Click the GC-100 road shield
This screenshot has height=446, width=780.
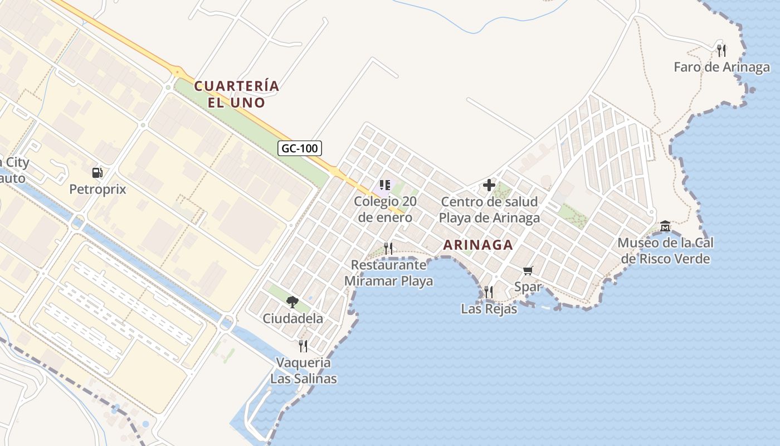tap(300, 148)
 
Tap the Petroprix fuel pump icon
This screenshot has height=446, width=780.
tap(97, 173)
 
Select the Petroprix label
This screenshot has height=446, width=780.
tap(97, 190)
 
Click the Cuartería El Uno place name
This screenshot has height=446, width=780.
tap(236, 94)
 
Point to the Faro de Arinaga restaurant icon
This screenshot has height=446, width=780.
tap(721, 51)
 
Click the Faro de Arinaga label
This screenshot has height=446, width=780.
tap(721, 67)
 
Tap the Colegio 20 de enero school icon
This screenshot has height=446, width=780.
tap(384, 185)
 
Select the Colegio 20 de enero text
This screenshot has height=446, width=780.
tap(385, 210)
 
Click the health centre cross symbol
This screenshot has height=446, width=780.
tap(489, 185)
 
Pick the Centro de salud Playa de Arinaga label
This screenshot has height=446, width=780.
tap(489, 210)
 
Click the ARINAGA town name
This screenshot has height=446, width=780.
tap(478, 245)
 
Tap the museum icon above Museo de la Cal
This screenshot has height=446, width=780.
tap(665, 226)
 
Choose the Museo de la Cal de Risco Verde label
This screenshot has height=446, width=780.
tap(665, 251)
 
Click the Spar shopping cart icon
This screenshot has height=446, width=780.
tap(528, 271)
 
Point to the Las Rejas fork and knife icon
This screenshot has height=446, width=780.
tap(489, 292)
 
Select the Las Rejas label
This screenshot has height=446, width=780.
tap(489, 309)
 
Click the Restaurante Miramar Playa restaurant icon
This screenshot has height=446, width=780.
tap(388, 248)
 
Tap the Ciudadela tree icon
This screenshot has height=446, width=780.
tap(292, 302)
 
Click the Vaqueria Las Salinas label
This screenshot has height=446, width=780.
tap(304, 371)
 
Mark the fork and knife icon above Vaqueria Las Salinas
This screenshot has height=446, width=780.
tap(303, 346)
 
